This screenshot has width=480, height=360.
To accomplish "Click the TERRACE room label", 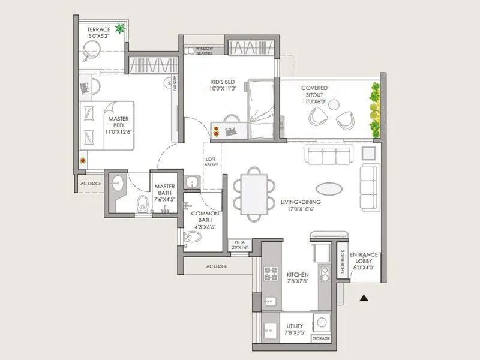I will tap(98, 29).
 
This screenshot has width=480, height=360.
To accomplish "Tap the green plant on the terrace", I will tap(121, 28).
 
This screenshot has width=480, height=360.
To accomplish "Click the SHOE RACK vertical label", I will tap(342, 262).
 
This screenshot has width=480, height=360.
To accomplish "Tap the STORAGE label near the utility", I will tap(321, 339).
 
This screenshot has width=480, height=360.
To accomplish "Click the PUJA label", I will tap(240, 242).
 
